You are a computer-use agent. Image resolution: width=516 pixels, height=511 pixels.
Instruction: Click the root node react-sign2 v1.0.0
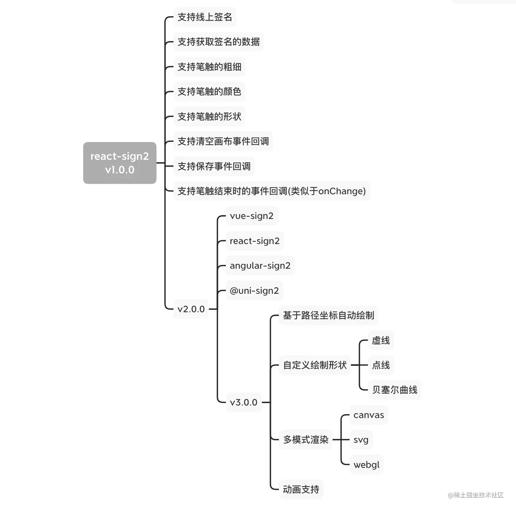[119, 163]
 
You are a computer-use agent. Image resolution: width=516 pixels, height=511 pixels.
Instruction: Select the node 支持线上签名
[205, 17]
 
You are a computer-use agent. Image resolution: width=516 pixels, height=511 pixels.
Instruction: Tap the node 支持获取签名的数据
[218, 42]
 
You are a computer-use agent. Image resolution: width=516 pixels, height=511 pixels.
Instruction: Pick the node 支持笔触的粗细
[209, 67]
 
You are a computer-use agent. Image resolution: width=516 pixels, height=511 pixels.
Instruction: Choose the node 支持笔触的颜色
[209, 92]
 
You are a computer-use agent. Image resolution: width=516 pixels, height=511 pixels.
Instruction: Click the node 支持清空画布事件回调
[223, 141]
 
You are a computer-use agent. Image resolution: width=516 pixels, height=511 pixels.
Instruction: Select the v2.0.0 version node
[191, 309]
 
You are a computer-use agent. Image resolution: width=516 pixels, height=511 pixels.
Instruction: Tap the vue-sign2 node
[251, 216]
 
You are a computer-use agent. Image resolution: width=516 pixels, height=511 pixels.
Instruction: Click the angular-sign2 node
[260, 266]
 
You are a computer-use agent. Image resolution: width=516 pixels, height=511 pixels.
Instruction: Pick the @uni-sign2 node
[254, 291]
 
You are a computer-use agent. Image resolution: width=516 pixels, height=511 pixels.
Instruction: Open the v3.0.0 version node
[243, 402]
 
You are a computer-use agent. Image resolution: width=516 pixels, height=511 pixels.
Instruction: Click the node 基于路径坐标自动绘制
[328, 316]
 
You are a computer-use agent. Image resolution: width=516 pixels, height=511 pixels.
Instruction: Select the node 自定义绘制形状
[315, 365]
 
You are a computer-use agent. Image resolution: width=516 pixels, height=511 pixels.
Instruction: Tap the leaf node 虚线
[381, 340]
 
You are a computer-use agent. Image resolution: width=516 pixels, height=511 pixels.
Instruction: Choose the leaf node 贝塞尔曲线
[394, 390]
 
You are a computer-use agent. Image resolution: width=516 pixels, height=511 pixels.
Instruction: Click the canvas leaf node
[368, 415]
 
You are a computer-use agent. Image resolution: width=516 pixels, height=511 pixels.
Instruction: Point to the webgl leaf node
[366, 465]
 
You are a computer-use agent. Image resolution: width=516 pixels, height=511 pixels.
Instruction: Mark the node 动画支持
[301, 490]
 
